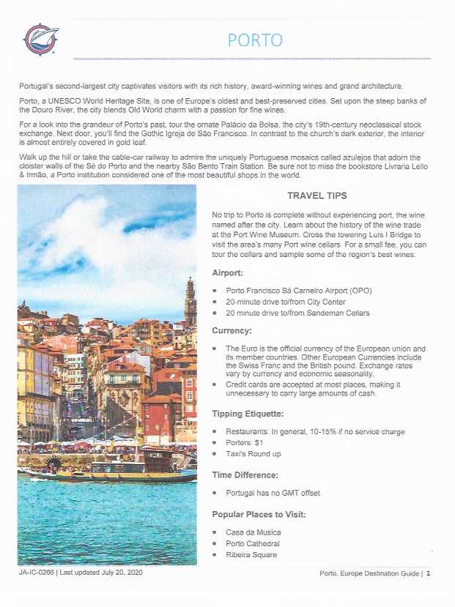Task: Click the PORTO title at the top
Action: (255, 40)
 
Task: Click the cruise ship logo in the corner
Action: (40, 40)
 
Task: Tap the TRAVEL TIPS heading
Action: (317, 195)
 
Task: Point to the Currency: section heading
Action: (232, 330)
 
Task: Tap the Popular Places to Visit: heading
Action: (259, 514)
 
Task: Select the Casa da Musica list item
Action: (253, 532)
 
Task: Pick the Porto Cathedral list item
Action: (253, 543)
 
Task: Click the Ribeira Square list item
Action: (251, 555)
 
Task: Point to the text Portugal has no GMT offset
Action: (273, 494)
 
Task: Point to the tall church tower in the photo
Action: (190, 300)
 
